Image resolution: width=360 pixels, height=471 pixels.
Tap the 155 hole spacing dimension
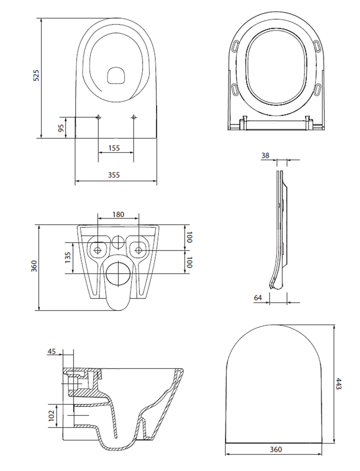tap(114, 148)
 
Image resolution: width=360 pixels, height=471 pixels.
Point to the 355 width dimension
tap(114, 175)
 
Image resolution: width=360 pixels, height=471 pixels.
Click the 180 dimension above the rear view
tap(118, 214)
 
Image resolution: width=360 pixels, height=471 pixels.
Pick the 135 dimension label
tap(68, 257)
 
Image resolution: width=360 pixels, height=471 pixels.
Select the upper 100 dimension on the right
tap(189, 237)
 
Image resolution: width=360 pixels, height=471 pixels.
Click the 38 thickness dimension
tap(265, 155)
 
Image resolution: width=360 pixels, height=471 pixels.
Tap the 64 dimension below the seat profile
tap(258, 298)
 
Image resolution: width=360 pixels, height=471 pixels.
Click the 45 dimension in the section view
tap(52, 351)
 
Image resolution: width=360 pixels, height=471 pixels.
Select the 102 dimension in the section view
tap(52, 416)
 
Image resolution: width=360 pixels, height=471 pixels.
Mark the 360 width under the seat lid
tap(275, 449)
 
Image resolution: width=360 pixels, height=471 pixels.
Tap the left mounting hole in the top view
tap(98, 117)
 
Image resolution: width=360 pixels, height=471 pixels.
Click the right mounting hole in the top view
tap(133, 117)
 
